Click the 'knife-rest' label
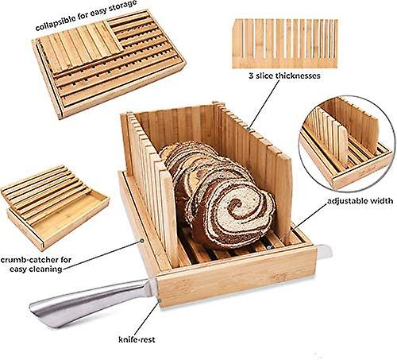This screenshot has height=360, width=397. click(x=137, y=339)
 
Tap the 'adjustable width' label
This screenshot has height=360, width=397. click(x=360, y=201)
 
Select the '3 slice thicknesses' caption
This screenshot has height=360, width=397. click(x=284, y=75)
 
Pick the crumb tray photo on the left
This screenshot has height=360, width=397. click(x=54, y=207)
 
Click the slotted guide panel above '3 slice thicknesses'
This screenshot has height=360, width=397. click(x=285, y=44)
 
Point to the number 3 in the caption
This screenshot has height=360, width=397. click(x=251, y=76)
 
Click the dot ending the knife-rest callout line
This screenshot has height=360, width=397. click(x=160, y=300)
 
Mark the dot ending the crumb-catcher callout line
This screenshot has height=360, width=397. click(x=142, y=241)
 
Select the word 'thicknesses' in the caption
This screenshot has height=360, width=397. click(x=298, y=75)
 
